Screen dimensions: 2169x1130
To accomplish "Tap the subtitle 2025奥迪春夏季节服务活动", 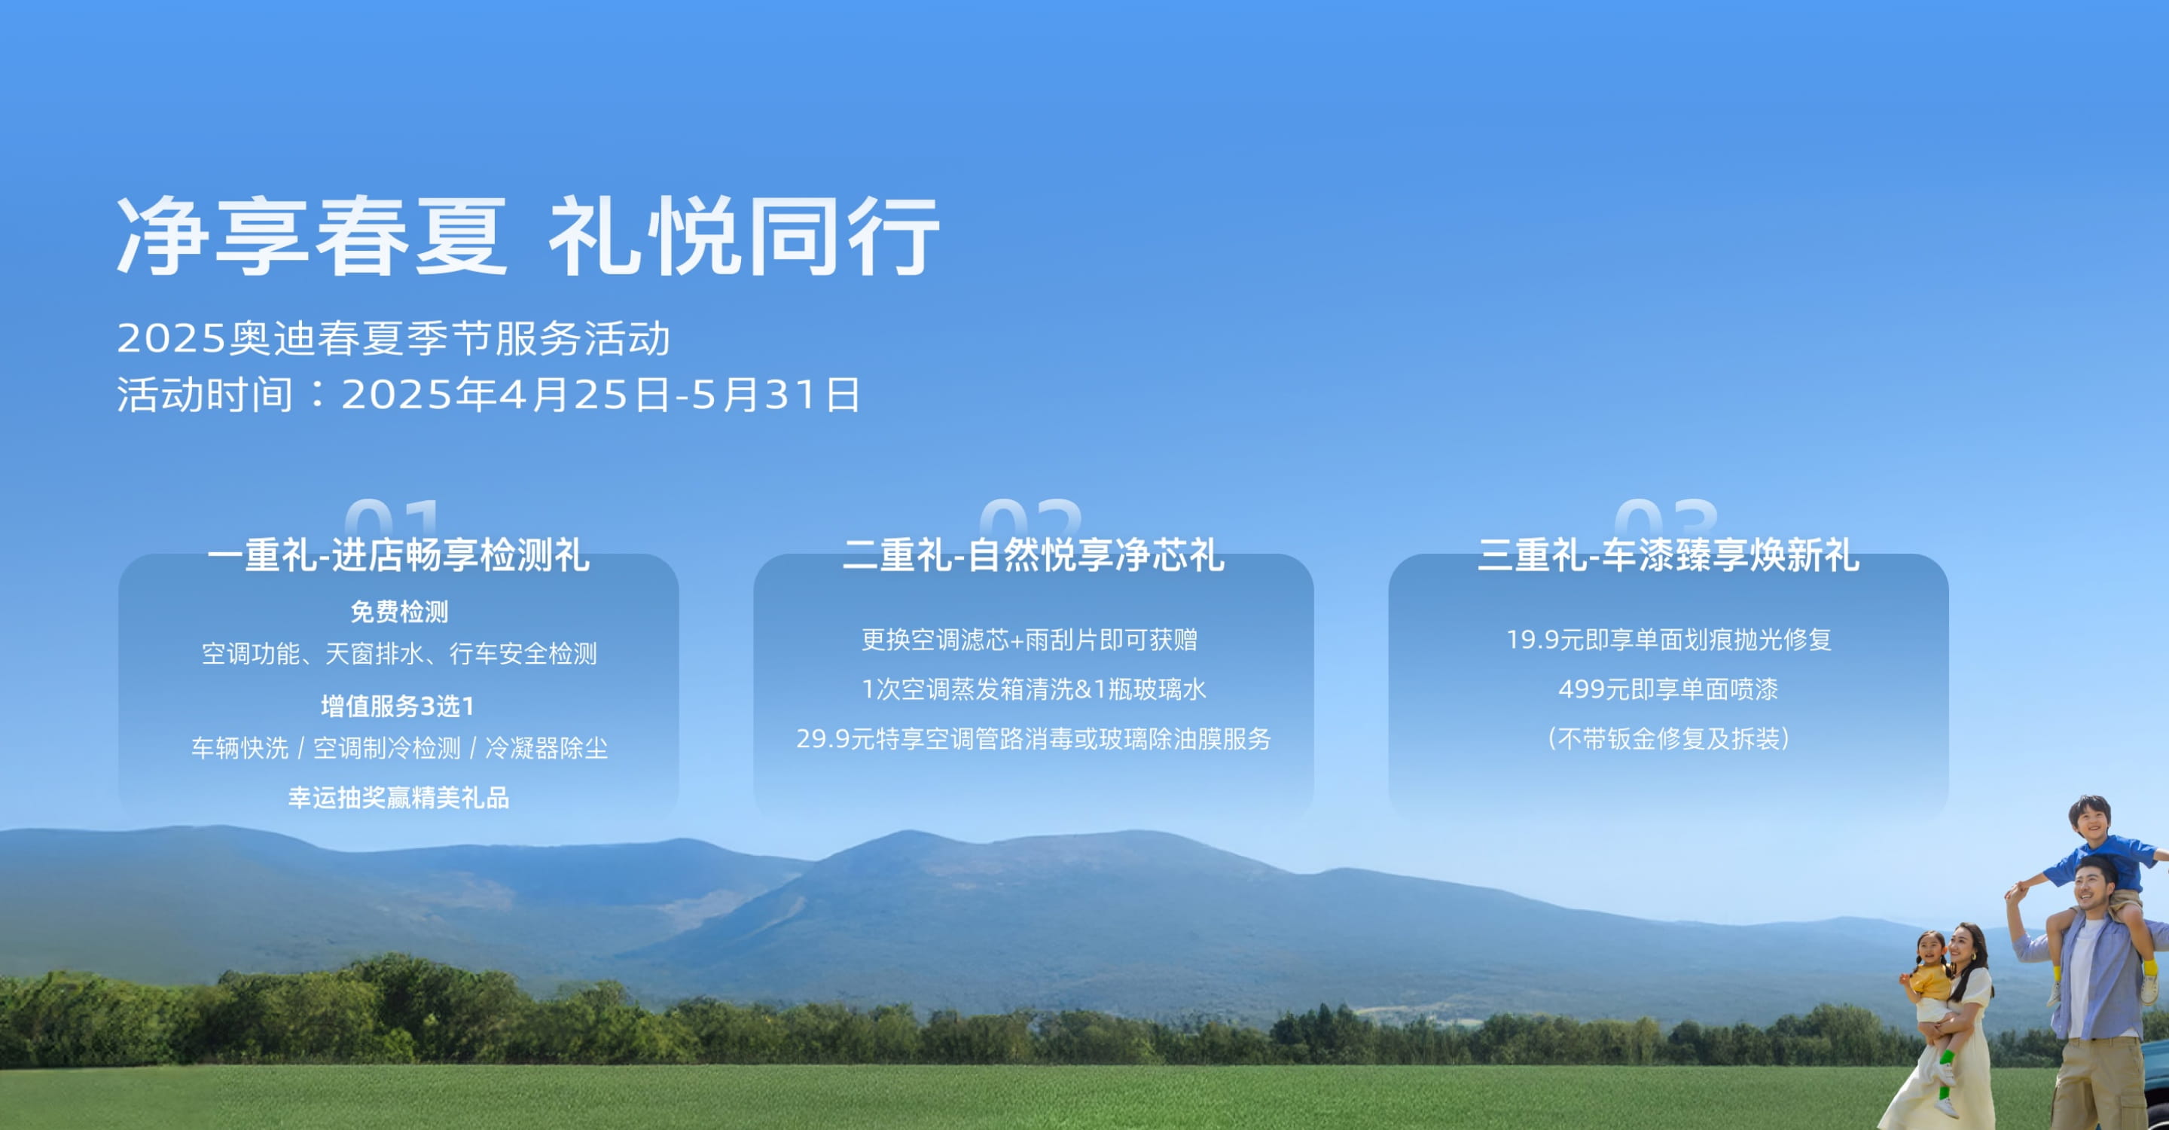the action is click(x=393, y=338).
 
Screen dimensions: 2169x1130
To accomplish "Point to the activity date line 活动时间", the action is click(x=488, y=394).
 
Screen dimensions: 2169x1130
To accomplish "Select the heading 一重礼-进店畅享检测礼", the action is click(x=398, y=555).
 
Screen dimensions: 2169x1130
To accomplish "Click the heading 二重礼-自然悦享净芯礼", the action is click(x=1033, y=555).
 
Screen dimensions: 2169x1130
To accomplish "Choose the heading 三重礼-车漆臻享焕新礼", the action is click(x=1668, y=555).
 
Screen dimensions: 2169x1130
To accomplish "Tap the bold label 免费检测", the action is click(x=399, y=611).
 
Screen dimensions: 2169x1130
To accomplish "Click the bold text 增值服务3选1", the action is click(x=398, y=706).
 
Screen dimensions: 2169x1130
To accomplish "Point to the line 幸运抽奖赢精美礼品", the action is click(x=399, y=797).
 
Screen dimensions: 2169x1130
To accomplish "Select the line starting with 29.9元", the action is click(x=1033, y=738).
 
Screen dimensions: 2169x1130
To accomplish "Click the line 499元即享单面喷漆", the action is click(x=1668, y=689).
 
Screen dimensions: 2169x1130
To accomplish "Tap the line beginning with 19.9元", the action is click(x=1668, y=640).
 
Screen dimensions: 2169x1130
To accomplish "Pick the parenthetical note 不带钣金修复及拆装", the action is click(x=1668, y=738).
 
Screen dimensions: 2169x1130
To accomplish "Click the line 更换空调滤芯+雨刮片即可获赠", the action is click(x=1029, y=640).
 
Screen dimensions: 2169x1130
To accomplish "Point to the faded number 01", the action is click(x=392, y=515).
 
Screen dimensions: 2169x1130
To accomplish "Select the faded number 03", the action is click(x=1665, y=515).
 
